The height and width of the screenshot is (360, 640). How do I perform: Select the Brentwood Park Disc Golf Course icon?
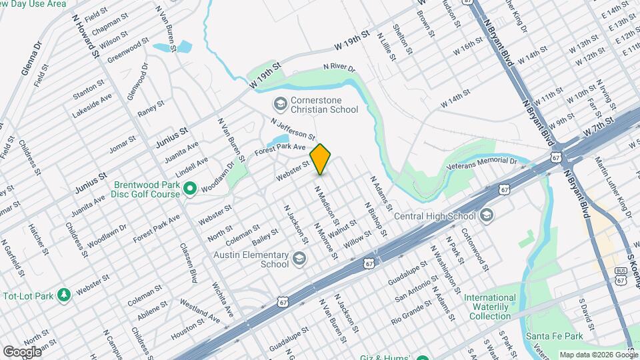(x=189, y=189)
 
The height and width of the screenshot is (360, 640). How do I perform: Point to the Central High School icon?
(x=487, y=215)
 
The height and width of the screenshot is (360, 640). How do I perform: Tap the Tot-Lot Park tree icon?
(x=64, y=294)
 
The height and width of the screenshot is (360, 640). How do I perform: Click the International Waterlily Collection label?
(x=490, y=307)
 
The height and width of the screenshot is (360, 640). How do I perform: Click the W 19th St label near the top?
(x=352, y=40)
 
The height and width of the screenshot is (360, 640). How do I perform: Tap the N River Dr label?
(x=339, y=68)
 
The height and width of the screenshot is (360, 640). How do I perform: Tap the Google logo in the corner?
(x=22, y=351)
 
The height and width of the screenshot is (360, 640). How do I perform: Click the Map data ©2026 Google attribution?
(x=597, y=355)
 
